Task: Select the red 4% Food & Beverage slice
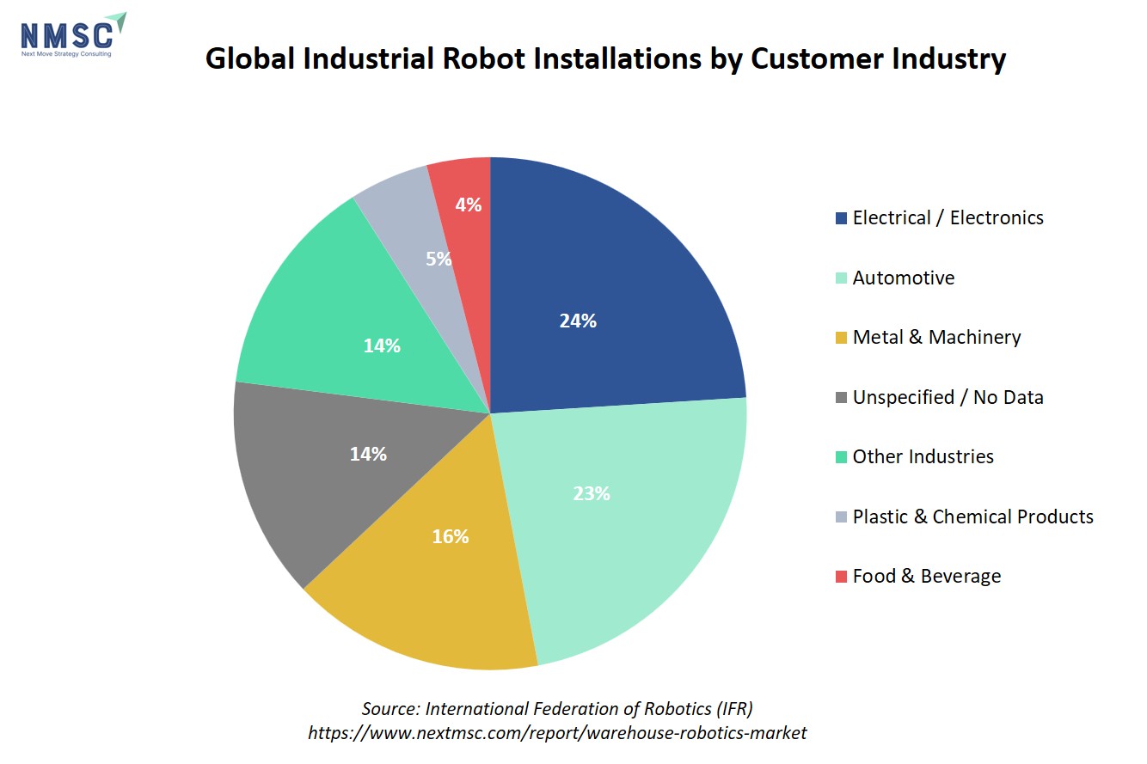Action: tap(466, 205)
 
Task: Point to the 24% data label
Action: tap(578, 321)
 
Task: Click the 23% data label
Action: tap(592, 493)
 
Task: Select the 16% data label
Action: tap(450, 536)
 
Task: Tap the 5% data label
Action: tap(439, 259)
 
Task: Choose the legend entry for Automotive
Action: tap(895, 278)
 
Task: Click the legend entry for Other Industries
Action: tap(915, 456)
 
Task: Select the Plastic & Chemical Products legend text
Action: tap(973, 516)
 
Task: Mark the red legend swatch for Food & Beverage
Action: tap(841, 576)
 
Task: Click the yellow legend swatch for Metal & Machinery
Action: tap(841, 338)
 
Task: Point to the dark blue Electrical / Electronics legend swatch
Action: tap(841, 218)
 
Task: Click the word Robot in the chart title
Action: tap(483, 58)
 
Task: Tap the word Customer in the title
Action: tap(817, 58)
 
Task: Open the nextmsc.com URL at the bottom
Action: tap(557, 733)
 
